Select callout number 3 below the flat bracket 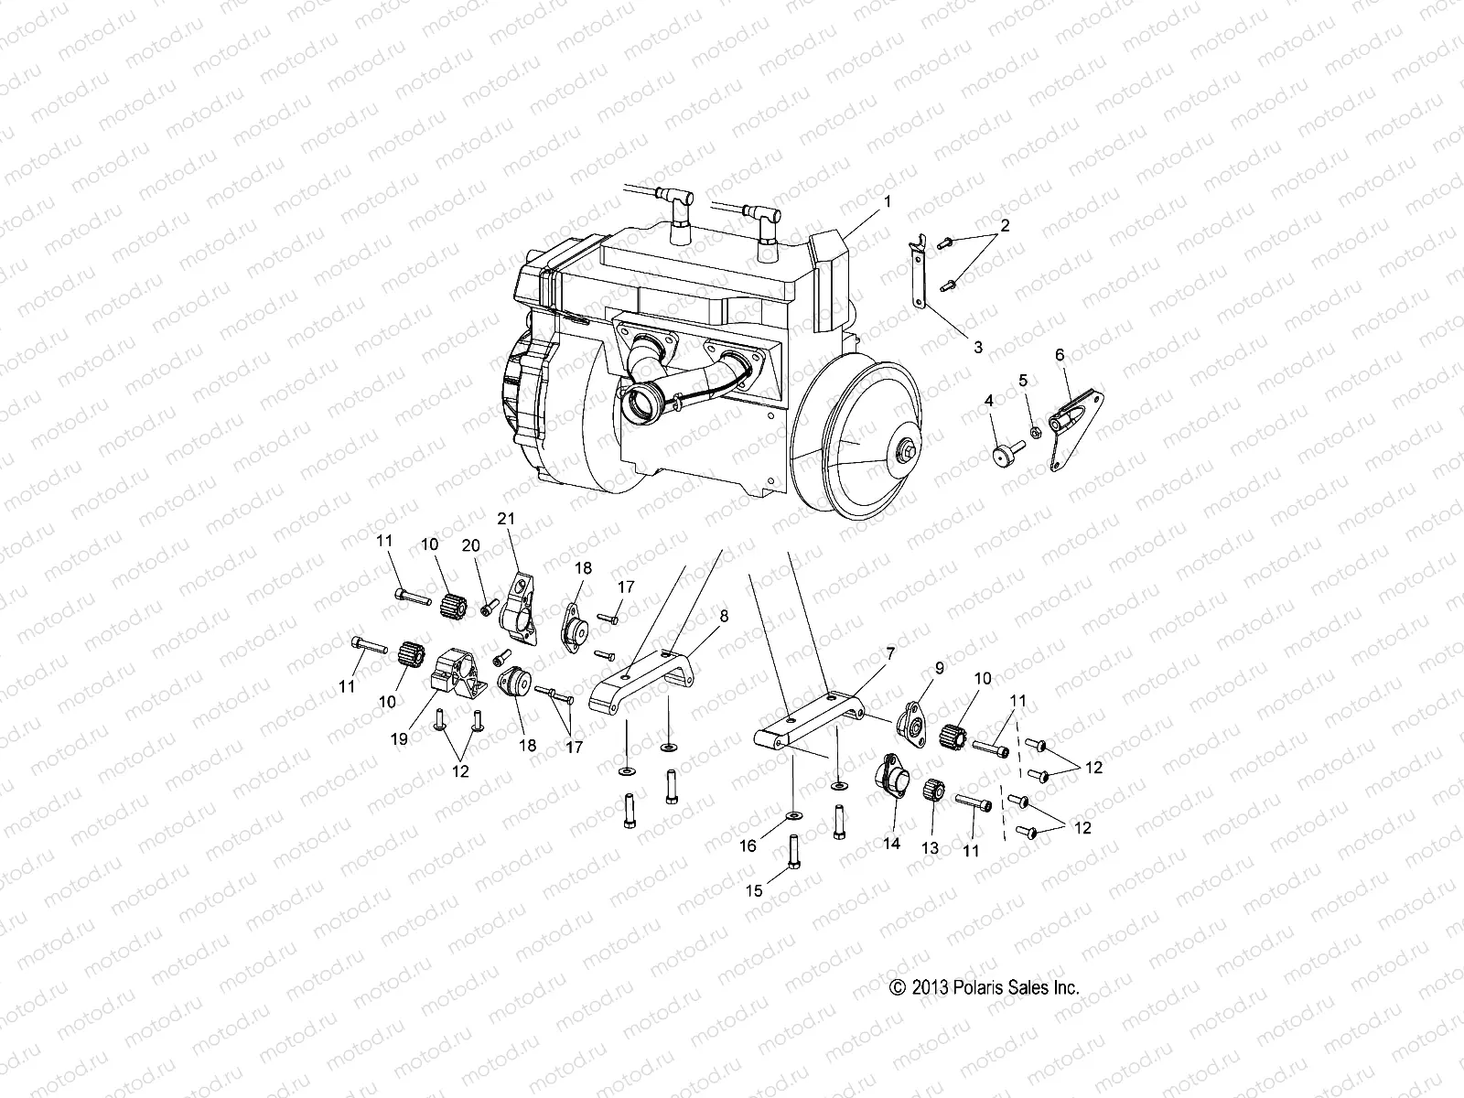click(x=978, y=347)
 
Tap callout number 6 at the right click(x=1060, y=354)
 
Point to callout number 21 click(x=506, y=518)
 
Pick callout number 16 click(x=748, y=845)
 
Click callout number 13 click(x=930, y=848)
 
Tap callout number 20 click(x=471, y=545)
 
